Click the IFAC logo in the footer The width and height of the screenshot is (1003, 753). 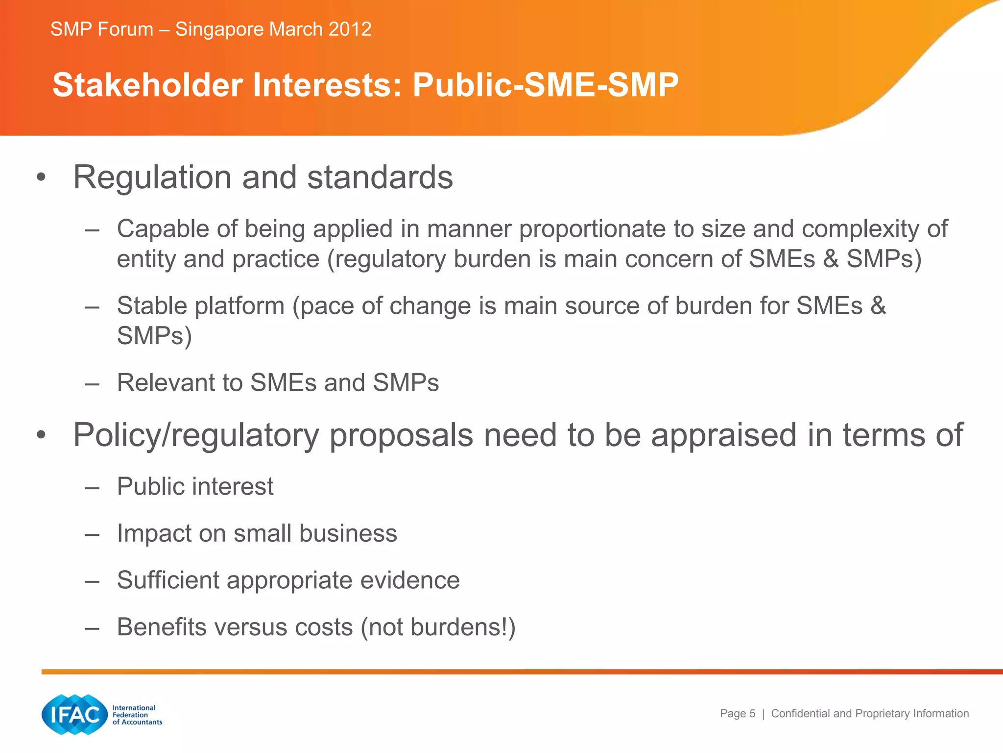coord(74,714)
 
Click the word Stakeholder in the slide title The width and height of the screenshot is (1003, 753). coord(147,85)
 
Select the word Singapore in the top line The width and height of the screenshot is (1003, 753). coord(220,29)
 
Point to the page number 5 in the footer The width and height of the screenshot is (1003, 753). coord(752,714)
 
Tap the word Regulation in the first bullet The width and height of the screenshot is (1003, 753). coord(152,177)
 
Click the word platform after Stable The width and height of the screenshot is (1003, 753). coord(239,306)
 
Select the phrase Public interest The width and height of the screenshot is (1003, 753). coord(195,486)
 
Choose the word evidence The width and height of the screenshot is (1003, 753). coord(410,580)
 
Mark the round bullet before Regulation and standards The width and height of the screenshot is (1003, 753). coord(42,178)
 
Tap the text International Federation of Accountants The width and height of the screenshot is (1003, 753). coord(137,715)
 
